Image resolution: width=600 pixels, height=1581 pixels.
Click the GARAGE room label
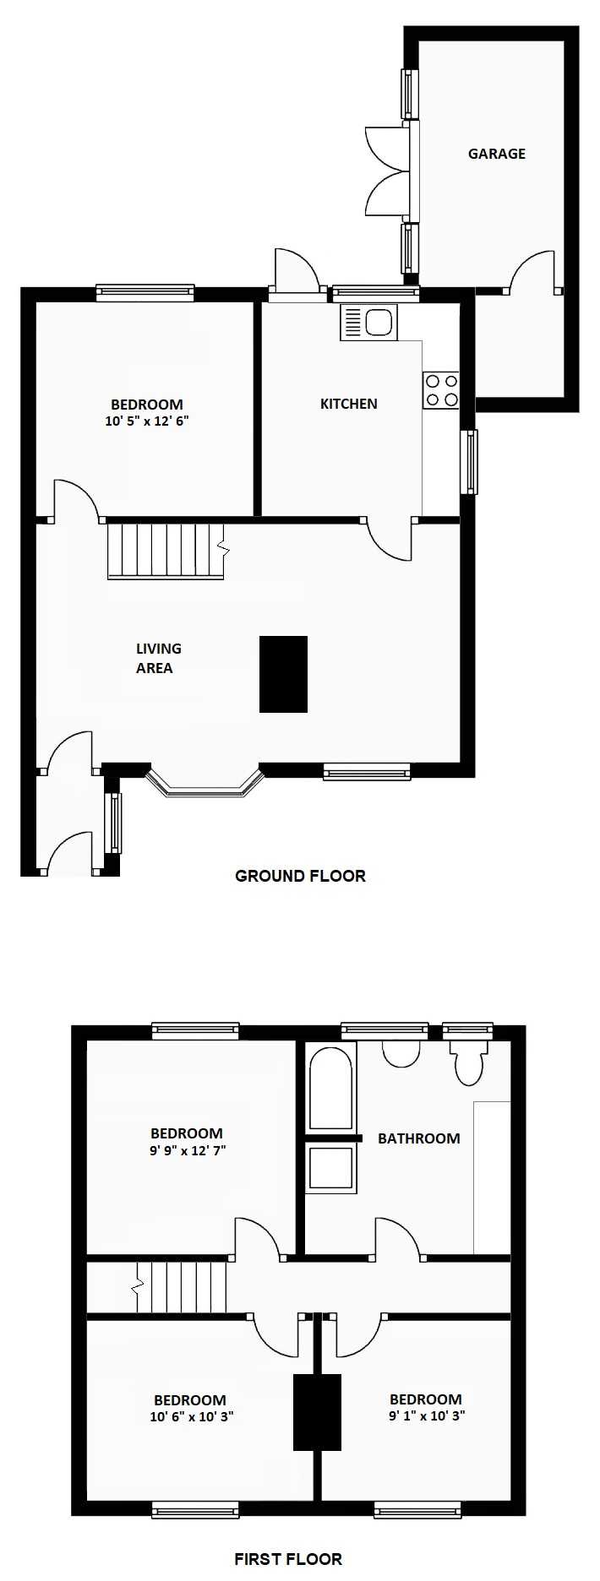pos(497,154)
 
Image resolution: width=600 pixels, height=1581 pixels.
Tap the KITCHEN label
pos(349,404)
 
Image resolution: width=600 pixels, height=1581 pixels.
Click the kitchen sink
pos(368,322)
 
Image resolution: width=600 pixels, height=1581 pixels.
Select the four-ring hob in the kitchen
pos(441,390)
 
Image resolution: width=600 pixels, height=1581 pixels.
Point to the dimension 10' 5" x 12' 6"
pos(147,421)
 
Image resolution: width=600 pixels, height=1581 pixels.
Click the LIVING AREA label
pos(157,658)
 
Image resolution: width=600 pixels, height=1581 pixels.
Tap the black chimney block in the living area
pos(283,674)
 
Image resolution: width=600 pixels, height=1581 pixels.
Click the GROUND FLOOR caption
pos(300,876)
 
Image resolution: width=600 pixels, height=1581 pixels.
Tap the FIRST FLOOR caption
pos(288,1559)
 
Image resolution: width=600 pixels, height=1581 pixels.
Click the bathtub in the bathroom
pos(330,1088)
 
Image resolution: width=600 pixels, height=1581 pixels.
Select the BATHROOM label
pos(419,1138)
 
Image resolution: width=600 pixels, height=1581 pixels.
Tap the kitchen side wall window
pos(469,462)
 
